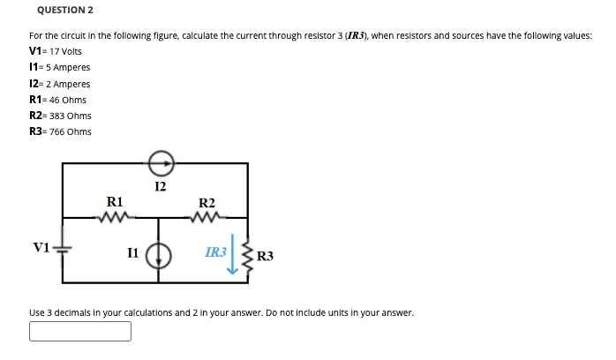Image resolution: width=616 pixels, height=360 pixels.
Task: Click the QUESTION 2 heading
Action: click(x=66, y=10)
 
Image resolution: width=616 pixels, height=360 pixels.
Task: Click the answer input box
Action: click(x=80, y=331)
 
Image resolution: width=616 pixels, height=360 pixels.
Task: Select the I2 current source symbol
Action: click(x=160, y=163)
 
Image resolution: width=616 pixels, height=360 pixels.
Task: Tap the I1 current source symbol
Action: click(x=159, y=253)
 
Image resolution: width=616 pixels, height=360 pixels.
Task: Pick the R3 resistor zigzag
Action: click(x=247, y=256)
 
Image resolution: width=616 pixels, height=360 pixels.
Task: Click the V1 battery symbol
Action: click(x=63, y=250)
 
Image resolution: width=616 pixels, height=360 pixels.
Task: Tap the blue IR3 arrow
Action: click(x=233, y=253)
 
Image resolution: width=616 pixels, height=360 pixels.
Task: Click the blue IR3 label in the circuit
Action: click(x=214, y=252)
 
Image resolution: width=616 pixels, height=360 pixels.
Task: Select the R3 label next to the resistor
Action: click(x=266, y=257)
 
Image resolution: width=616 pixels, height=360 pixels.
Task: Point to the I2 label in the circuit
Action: click(x=159, y=186)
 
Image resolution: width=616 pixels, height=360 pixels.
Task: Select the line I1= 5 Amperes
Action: click(x=59, y=67)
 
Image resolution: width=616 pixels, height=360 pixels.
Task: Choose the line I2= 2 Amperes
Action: click(x=59, y=84)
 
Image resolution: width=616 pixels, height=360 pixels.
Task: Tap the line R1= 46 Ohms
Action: click(x=57, y=100)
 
